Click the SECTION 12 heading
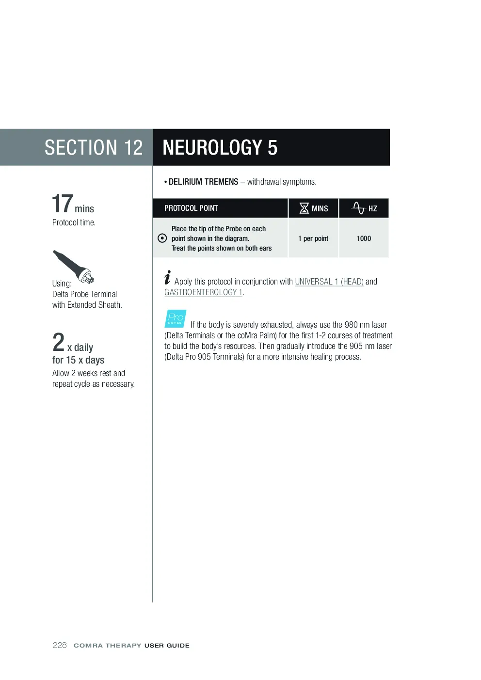click(x=94, y=147)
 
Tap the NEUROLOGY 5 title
click(x=220, y=147)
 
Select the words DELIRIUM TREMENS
click(x=204, y=182)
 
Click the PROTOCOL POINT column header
click(x=191, y=208)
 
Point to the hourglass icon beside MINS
click(x=305, y=208)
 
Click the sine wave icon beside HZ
click(x=358, y=208)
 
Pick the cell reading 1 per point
click(x=313, y=238)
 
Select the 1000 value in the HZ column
click(x=364, y=238)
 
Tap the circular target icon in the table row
click(x=162, y=238)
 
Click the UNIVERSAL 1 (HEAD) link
click(x=329, y=282)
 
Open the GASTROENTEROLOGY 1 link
click(x=203, y=292)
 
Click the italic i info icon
click(x=167, y=277)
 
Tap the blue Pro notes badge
click(x=175, y=318)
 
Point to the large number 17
click(x=62, y=204)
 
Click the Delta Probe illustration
click(x=74, y=267)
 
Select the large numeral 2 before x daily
click(x=58, y=342)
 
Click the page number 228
click(x=60, y=645)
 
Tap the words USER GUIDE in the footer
click(x=167, y=646)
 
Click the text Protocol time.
click(x=74, y=222)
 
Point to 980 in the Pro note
click(x=351, y=325)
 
